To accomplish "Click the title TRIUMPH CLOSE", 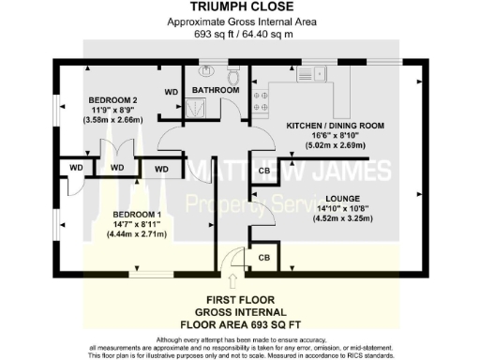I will [239, 7].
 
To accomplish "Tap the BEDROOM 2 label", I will [114, 99].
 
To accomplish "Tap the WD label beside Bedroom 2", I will [172, 92].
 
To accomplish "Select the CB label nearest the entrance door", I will [263, 257].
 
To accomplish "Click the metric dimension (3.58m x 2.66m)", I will [114, 120].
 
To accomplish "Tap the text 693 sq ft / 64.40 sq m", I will [239, 33].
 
